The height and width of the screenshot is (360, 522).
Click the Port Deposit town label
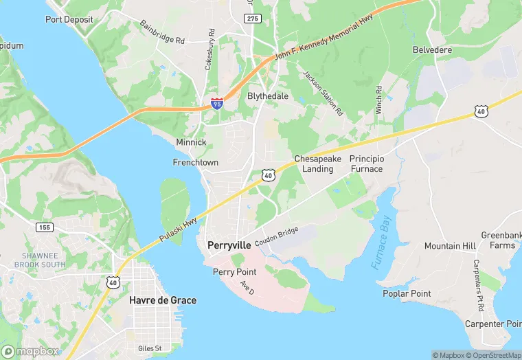(69, 19)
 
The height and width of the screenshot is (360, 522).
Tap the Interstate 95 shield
(217, 104)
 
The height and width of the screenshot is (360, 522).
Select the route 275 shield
(253, 19)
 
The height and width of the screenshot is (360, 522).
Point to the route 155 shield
(45, 227)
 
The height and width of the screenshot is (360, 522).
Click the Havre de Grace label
(163, 300)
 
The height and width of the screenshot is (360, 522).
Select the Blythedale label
(268, 96)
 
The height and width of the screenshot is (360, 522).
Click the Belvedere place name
(431, 50)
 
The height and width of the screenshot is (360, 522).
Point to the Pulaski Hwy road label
(179, 227)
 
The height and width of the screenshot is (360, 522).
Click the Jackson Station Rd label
(323, 93)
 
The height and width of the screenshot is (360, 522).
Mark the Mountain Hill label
(450, 246)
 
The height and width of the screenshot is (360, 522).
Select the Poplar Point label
(407, 293)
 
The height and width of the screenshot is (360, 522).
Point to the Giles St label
(149, 348)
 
